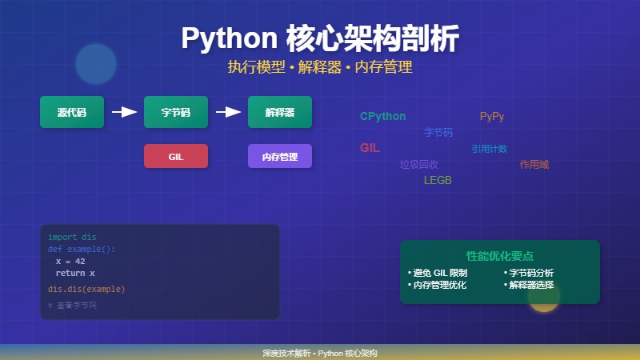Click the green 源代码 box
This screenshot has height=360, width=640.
pyautogui.click(x=72, y=112)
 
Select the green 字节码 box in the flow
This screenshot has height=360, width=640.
pyautogui.click(x=175, y=112)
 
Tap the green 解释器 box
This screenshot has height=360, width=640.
pyautogui.click(x=279, y=112)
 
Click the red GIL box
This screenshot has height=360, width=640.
pyautogui.click(x=175, y=156)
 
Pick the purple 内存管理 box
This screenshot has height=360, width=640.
pyautogui.click(x=279, y=156)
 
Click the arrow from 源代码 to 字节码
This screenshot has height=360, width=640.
pyautogui.click(x=124, y=112)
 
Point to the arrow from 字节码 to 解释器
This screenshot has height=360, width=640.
pyautogui.click(x=228, y=112)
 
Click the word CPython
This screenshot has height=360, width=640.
pyautogui.click(x=382, y=117)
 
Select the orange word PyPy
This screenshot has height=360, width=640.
pyautogui.click(x=492, y=117)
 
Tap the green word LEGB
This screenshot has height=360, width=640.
pyautogui.click(x=438, y=181)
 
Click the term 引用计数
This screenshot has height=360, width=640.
pyautogui.click(x=489, y=149)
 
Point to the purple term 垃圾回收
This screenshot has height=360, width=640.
pyautogui.click(x=419, y=165)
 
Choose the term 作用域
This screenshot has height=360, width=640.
pyautogui.click(x=534, y=165)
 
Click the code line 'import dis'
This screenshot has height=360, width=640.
pyautogui.click(x=72, y=237)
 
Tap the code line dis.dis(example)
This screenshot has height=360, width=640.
pyautogui.click(x=86, y=289)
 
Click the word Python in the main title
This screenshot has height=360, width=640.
pyautogui.click(x=228, y=38)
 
